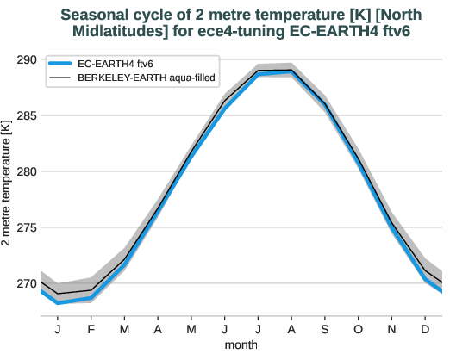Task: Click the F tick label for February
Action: pos(91,328)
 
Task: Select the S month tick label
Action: pos(324,328)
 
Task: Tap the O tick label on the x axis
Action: pos(357,328)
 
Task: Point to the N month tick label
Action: pos(391,328)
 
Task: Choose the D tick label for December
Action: pos(424,328)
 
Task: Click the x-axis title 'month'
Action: pos(241,344)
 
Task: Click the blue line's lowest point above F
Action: pos(91,298)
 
